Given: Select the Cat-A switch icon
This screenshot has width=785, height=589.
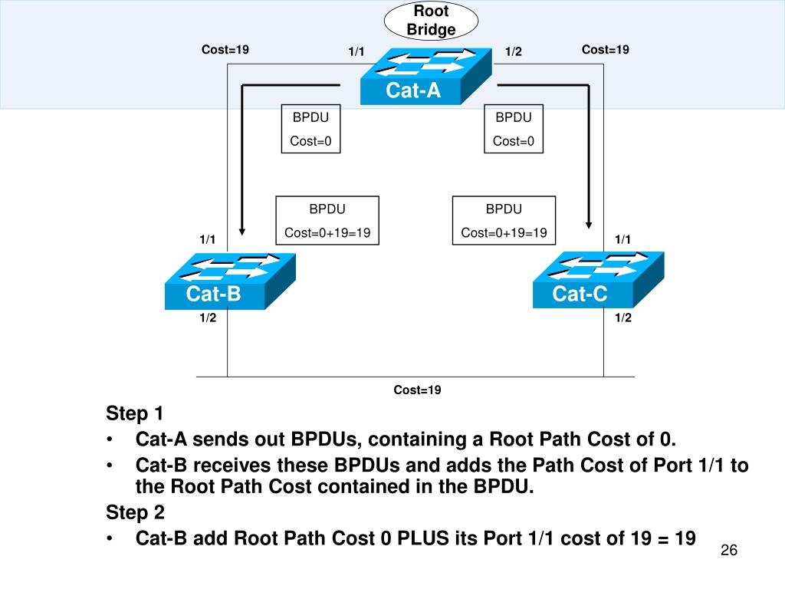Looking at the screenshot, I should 425,76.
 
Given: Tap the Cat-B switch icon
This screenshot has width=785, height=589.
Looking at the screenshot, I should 230,281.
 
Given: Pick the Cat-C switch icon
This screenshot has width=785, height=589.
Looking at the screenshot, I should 598,281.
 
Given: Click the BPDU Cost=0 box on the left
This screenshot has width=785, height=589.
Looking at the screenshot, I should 311,129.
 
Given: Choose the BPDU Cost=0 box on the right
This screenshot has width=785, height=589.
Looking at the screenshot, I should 514,129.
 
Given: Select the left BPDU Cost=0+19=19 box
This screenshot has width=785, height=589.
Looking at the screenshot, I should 327,221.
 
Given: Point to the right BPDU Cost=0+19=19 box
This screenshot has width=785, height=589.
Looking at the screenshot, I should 504,221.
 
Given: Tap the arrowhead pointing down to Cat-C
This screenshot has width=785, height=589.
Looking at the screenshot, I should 590,222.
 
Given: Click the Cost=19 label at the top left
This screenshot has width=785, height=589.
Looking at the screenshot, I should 225,50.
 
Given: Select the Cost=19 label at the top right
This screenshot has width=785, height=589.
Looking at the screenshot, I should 606,50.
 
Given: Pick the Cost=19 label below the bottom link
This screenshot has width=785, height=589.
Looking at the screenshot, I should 418,390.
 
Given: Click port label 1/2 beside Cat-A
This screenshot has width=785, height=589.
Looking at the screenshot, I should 513,51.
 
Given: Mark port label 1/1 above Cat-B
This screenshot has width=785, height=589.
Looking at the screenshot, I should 208,240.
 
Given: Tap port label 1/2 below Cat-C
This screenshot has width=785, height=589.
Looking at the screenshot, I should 622,318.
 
